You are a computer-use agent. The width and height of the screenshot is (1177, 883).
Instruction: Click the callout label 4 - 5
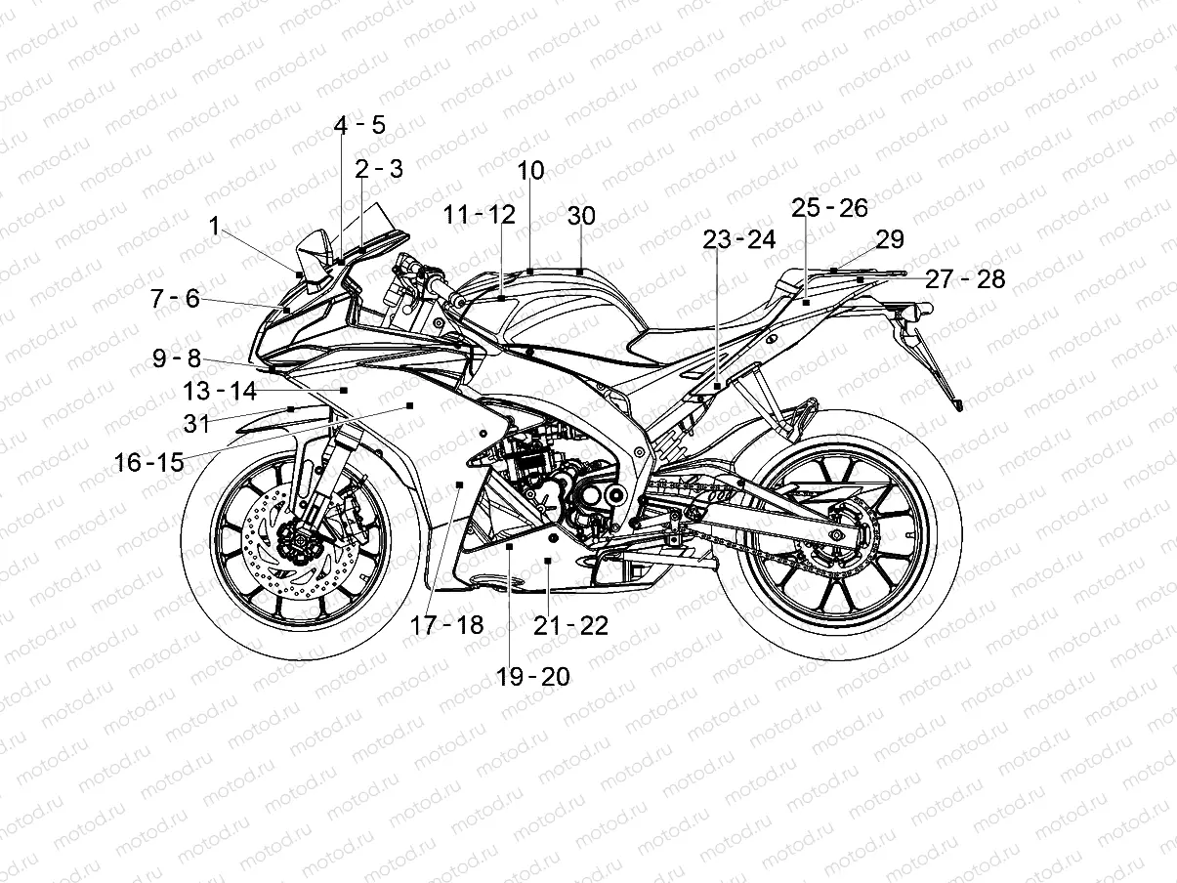coord(359,125)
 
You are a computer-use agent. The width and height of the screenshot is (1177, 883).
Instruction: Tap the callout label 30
coord(580,216)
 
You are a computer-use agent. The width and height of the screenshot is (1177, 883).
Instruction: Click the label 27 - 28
coord(964,279)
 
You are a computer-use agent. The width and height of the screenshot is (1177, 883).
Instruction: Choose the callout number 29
coord(889,239)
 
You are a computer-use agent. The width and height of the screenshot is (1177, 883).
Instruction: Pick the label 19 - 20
coord(532,676)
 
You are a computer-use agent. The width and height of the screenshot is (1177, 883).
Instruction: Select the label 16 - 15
coord(148,462)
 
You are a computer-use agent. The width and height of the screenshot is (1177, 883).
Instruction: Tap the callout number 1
coord(214,226)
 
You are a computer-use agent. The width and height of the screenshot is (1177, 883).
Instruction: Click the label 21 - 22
coord(570,626)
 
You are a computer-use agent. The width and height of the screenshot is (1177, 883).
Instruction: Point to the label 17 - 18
coord(446,625)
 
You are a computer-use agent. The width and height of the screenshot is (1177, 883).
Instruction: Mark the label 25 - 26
coord(829,208)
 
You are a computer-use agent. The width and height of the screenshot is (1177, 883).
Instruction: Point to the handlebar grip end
coord(455,301)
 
